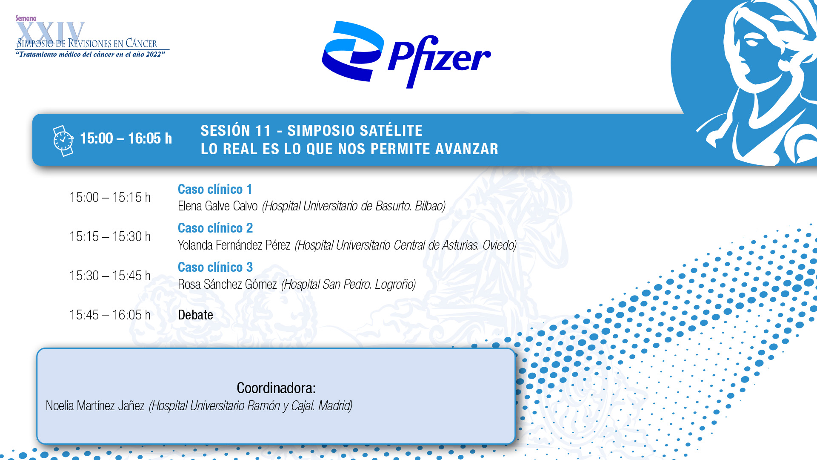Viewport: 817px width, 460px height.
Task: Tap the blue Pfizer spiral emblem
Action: [x=353, y=51]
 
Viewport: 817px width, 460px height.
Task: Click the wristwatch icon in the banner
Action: [x=63, y=141]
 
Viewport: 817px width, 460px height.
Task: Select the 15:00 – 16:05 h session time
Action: [x=126, y=138]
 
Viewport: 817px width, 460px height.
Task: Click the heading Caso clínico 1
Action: [x=215, y=189]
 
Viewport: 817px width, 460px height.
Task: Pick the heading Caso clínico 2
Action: [x=215, y=228]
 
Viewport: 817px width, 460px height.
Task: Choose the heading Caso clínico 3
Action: [x=215, y=267]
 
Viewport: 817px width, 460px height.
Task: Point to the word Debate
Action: [x=195, y=315]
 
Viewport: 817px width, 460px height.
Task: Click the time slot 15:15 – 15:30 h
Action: [x=110, y=236]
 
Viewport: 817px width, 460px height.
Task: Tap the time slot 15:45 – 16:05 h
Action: [x=110, y=315]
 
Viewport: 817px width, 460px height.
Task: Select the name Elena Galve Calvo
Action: [x=217, y=206]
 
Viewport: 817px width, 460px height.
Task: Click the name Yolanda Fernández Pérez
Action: [x=234, y=245]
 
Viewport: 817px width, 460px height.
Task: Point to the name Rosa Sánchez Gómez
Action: [x=227, y=285]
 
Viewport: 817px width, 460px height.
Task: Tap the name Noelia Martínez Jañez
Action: [x=95, y=406]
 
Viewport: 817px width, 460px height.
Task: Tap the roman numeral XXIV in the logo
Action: [x=51, y=32]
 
